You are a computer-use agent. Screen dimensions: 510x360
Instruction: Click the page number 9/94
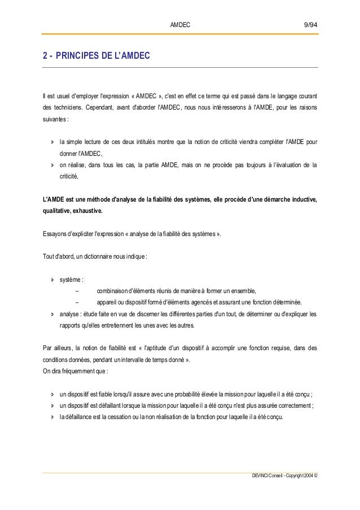(x=311, y=25)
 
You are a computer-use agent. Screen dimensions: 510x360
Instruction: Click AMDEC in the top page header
(x=180, y=25)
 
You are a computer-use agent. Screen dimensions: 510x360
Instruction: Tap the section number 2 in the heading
(x=44, y=56)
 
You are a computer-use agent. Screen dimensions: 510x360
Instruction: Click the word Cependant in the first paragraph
(x=92, y=107)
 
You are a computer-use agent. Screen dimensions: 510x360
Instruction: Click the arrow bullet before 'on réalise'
(x=52, y=165)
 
